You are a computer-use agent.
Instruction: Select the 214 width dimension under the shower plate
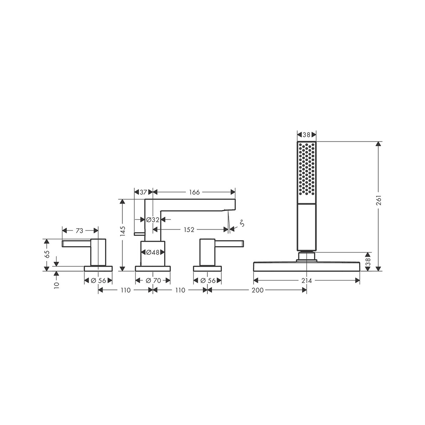coord(307,280)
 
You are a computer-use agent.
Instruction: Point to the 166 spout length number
coord(194,192)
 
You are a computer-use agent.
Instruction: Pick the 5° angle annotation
coord(241,223)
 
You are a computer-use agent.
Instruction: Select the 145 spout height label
coord(123,231)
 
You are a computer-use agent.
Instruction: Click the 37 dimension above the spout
coord(143,192)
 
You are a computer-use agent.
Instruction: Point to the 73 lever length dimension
coord(79,230)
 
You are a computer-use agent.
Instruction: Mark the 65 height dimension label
coord(47,254)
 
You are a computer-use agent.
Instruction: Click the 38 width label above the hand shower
coord(306,135)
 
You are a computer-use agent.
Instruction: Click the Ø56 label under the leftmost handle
coord(98,280)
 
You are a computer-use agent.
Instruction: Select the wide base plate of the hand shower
coord(306,266)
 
